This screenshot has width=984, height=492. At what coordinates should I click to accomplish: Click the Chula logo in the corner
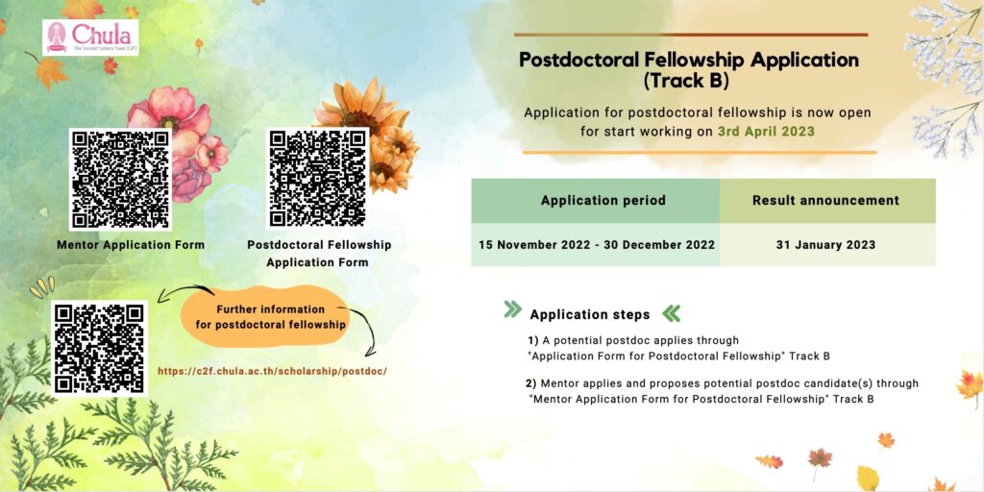coord(90,37)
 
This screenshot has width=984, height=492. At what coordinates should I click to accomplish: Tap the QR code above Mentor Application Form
coord(120,180)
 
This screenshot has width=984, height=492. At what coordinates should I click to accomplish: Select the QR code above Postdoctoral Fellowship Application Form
coord(318,178)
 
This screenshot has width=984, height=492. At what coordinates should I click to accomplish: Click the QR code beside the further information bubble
coord(99,348)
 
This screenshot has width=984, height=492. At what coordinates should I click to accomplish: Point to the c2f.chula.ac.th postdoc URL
coord(272,371)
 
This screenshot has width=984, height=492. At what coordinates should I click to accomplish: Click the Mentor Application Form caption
coord(131,245)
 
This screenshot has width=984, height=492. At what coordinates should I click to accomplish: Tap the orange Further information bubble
coord(270,316)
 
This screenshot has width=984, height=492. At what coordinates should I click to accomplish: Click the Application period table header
coord(603,201)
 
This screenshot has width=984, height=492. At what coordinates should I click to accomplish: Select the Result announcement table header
coord(825,201)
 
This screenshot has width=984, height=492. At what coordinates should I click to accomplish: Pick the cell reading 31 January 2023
coord(825,245)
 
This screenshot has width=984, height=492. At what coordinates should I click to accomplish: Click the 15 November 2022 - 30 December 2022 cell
coord(597,245)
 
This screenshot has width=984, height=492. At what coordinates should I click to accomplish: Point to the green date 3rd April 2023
coord(766,132)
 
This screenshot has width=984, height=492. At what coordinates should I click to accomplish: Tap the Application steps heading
coord(590,314)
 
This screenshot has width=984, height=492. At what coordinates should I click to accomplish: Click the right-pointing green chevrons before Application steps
coord(513,309)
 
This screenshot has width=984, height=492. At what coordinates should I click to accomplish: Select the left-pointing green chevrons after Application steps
coord(671,313)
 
